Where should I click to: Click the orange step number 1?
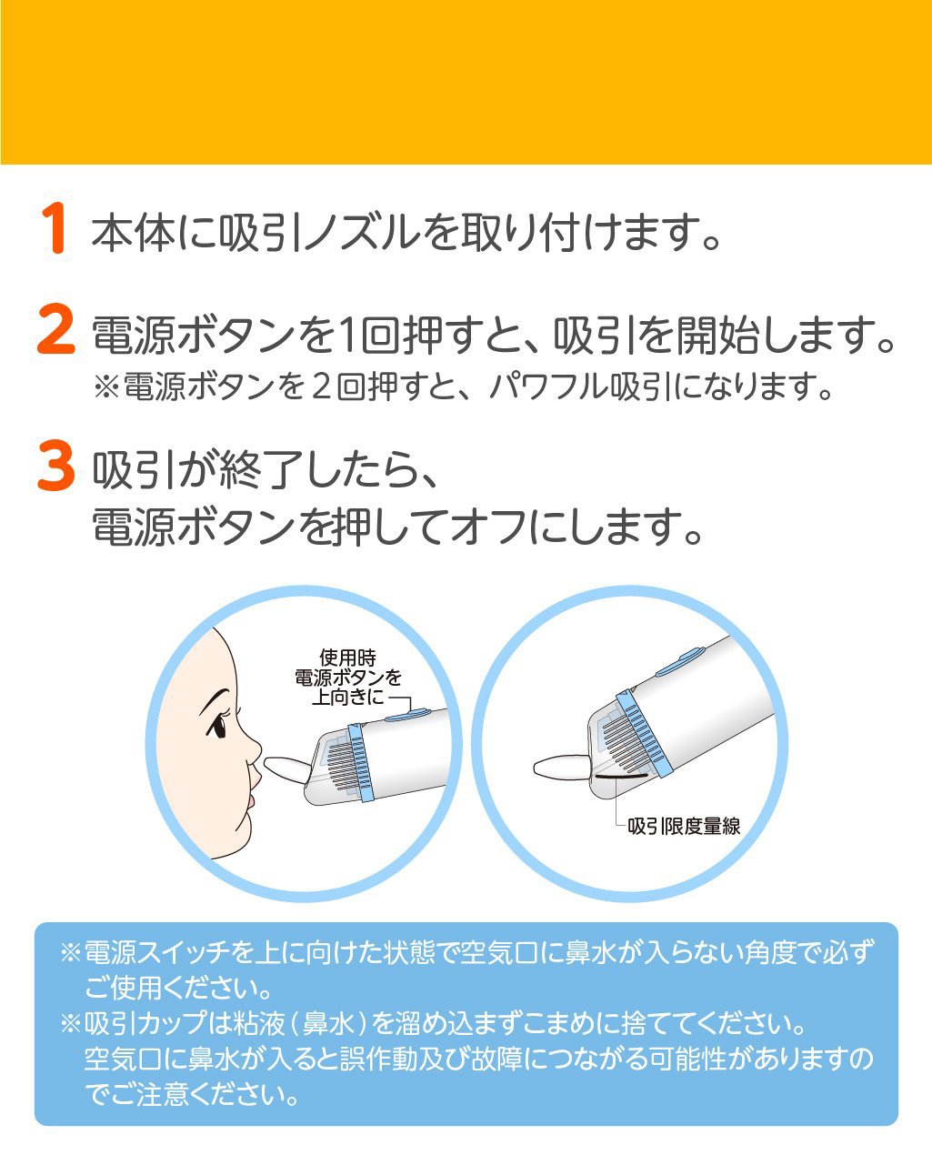pos(55,228)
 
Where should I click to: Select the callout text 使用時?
pos(347,658)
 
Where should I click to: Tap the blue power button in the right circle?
pos(682,663)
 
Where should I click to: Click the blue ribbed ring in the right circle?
pos(645,731)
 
